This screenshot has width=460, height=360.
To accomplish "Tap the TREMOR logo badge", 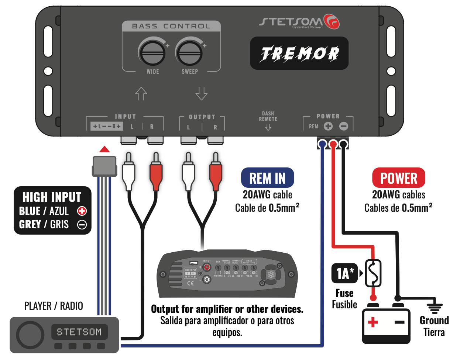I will pos(299,53).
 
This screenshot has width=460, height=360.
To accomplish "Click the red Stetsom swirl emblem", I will pos(331,21).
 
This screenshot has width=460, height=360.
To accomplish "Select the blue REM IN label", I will pos(267,178).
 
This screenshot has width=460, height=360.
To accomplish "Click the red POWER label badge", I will pos(398,178).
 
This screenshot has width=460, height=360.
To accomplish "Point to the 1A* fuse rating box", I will pos(344,273).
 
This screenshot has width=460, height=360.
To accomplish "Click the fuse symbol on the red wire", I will pos(373,273).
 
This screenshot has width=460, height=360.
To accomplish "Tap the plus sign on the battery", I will pos(373,322).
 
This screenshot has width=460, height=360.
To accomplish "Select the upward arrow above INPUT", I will pos(141,94).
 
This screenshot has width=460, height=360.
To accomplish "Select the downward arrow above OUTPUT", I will pos(201,94).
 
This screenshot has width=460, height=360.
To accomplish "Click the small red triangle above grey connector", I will pos(104,149).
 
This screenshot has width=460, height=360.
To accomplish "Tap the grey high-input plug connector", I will pos(104,166).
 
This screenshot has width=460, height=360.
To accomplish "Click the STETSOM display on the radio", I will pos(79,332).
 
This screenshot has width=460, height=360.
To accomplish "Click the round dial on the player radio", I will pos(30,335).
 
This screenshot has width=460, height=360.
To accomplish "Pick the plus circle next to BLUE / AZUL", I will pos(82,211).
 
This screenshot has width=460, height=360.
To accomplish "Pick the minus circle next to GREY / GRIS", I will pos(82,224).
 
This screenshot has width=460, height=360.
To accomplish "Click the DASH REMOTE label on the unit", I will pos(268,117).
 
